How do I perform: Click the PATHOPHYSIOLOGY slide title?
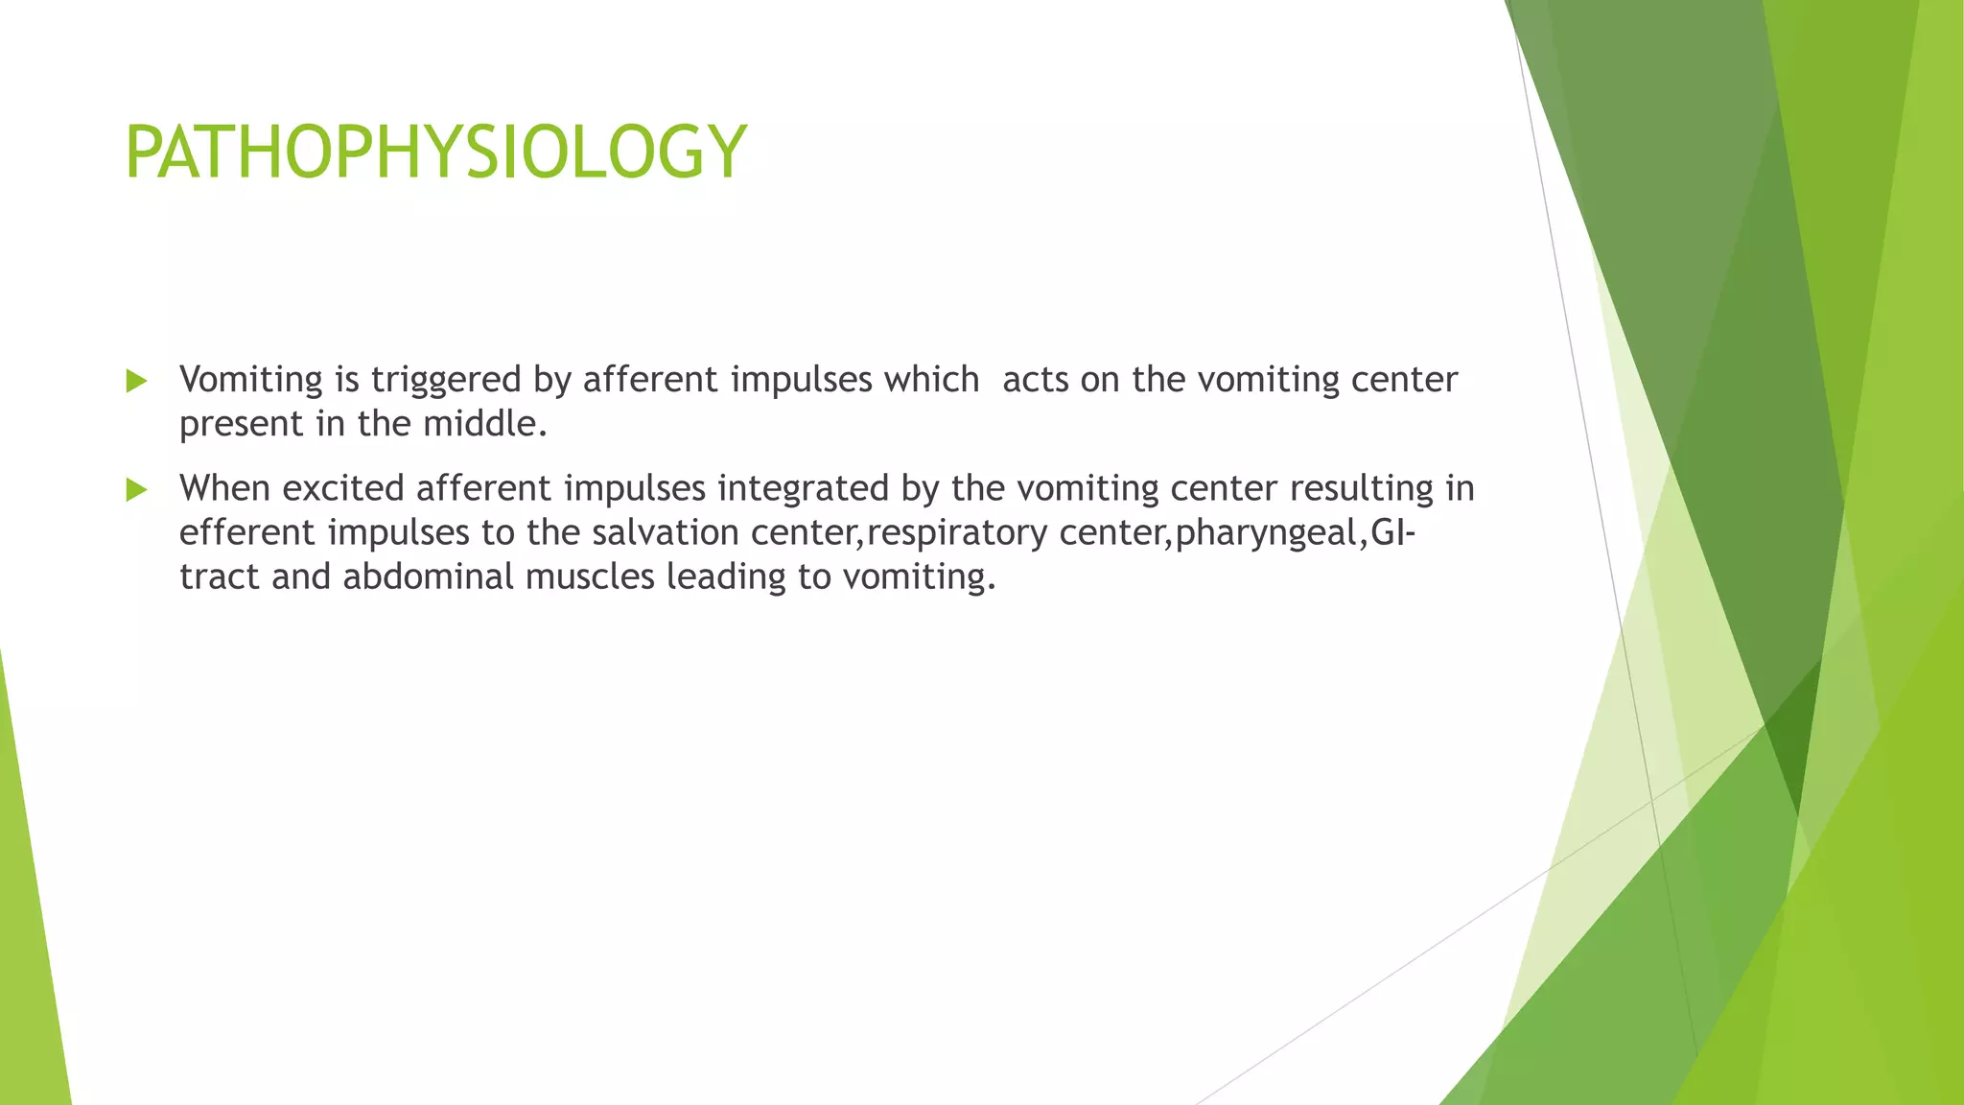(435, 153)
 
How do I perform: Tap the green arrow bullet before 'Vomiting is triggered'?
(136, 382)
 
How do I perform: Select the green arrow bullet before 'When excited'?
(136, 490)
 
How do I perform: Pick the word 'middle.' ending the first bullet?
(485, 424)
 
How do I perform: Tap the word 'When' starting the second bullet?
(224, 488)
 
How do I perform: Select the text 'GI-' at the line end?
(1393, 532)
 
